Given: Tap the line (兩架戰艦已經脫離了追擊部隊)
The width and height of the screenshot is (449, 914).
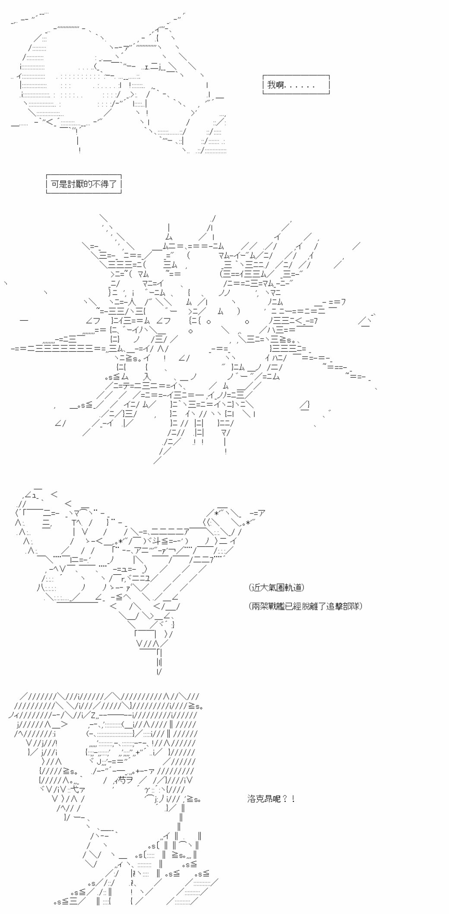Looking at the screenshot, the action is coord(306,606).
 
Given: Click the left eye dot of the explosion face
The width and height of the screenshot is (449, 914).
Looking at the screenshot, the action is coord(209,321).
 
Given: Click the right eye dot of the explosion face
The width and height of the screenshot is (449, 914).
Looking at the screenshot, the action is coord(247,321).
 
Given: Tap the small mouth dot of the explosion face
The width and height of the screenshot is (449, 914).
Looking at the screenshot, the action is coord(191,331).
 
